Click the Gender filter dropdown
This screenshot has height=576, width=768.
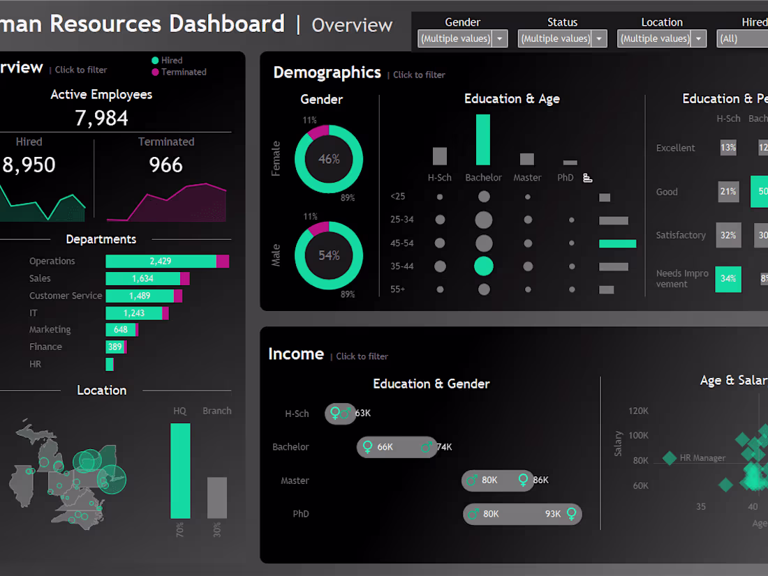462,39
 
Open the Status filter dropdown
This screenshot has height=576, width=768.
562,39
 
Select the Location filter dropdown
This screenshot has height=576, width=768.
661,39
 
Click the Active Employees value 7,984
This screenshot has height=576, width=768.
101,118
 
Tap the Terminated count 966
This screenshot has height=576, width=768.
165,165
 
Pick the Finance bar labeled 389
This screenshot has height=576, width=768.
115,347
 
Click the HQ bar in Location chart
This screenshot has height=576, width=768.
180,471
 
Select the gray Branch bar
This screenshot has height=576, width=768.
217,498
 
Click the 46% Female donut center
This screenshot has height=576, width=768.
329,159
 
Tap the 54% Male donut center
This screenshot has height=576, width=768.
329,255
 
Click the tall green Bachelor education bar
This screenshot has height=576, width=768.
483,139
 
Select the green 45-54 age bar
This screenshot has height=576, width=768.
617,244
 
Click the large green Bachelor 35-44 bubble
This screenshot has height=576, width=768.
483,266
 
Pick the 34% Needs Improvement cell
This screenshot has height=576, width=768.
728,279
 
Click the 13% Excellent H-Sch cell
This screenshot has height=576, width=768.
728,147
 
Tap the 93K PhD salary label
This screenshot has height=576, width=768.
553,514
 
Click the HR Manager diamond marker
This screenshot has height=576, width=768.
670,458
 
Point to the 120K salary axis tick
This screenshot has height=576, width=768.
638,411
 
